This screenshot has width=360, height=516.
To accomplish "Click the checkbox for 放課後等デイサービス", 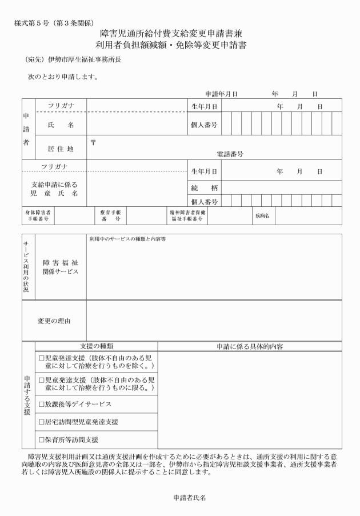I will (42, 404).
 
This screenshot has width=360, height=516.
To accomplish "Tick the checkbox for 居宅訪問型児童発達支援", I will (42, 422).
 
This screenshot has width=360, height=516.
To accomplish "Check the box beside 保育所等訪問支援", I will (42, 440).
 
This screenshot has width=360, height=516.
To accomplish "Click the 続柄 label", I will (204, 188).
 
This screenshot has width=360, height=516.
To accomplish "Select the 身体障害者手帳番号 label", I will (38, 216).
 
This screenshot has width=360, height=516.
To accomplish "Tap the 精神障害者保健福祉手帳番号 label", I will (186, 216).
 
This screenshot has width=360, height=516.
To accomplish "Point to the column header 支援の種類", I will (96, 346).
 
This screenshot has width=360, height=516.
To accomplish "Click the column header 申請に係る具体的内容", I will (250, 346).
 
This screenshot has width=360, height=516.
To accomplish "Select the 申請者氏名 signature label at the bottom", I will (189, 498).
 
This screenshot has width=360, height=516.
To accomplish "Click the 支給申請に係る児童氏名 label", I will (54, 189).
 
